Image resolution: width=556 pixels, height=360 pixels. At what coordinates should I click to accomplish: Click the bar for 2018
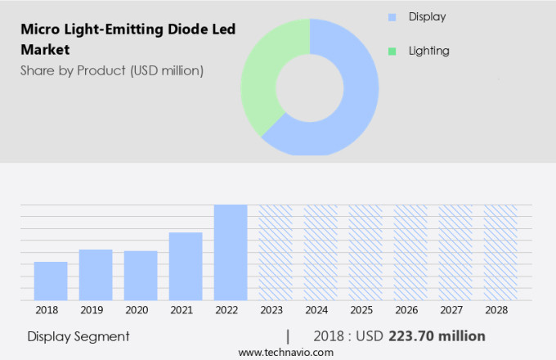click(x=51, y=281)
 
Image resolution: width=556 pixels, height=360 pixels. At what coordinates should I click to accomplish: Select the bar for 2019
click(x=96, y=275)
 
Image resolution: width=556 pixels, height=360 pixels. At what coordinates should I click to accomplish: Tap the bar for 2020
click(x=141, y=276)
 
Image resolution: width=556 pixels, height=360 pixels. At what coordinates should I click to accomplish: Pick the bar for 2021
click(x=186, y=266)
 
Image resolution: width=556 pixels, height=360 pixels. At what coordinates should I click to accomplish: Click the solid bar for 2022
click(x=231, y=252)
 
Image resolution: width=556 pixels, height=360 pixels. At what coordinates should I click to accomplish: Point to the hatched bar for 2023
click(x=276, y=252)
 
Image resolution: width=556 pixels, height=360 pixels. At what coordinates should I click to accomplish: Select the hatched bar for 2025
click(x=365, y=252)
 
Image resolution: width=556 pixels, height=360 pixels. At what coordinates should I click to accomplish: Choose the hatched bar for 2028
click(x=500, y=252)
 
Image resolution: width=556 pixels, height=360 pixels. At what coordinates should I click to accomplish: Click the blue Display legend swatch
click(x=392, y=16)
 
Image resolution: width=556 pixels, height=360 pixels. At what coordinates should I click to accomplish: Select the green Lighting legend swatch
click(x=392, y=51)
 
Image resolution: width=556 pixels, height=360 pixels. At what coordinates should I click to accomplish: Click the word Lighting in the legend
click(x=428, y=51)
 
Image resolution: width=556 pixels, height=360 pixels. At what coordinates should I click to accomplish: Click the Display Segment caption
click(x=78, y=336)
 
